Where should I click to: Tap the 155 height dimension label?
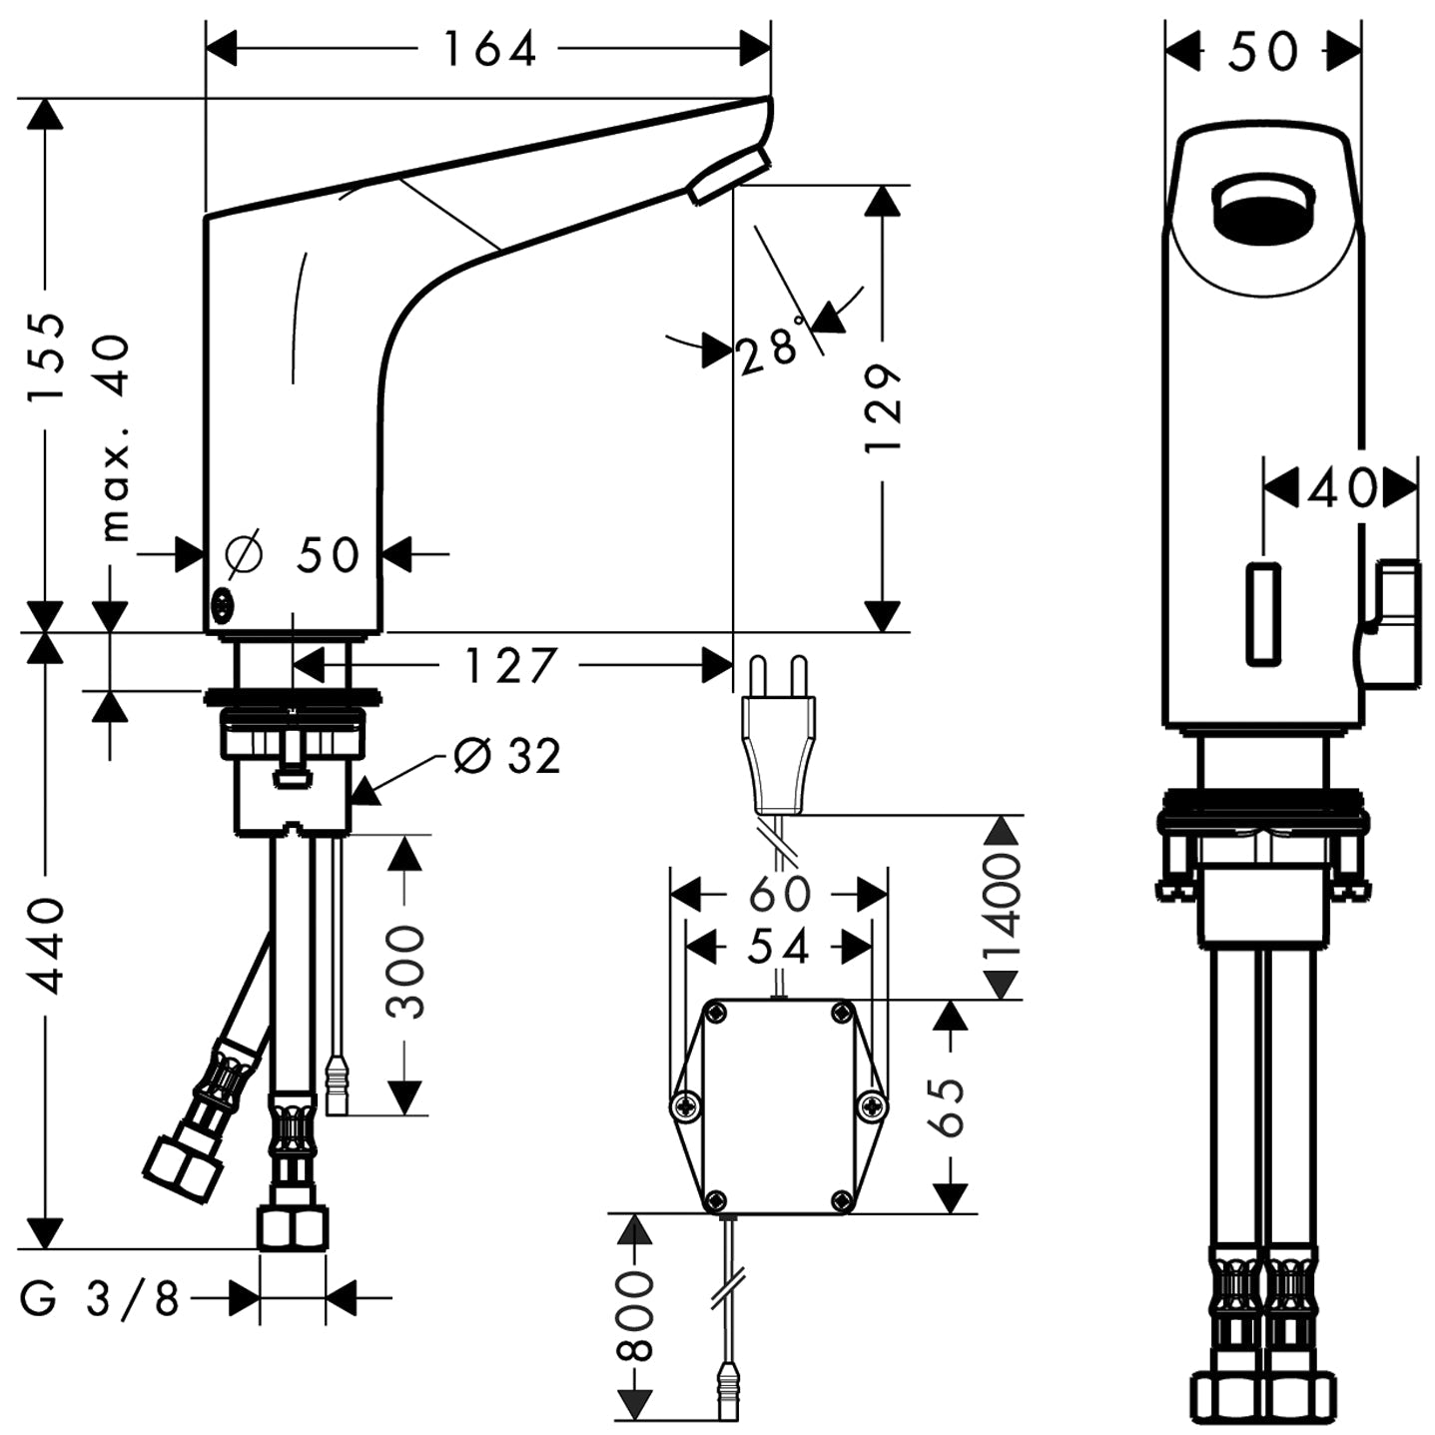47,357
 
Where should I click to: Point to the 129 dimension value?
883,407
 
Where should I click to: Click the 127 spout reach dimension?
510,665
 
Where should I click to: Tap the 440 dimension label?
45,945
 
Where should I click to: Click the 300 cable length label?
404,973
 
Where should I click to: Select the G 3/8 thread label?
100,1299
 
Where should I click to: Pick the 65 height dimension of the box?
950,1106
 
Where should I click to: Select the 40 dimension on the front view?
1341,488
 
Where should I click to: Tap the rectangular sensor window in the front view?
1263,613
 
